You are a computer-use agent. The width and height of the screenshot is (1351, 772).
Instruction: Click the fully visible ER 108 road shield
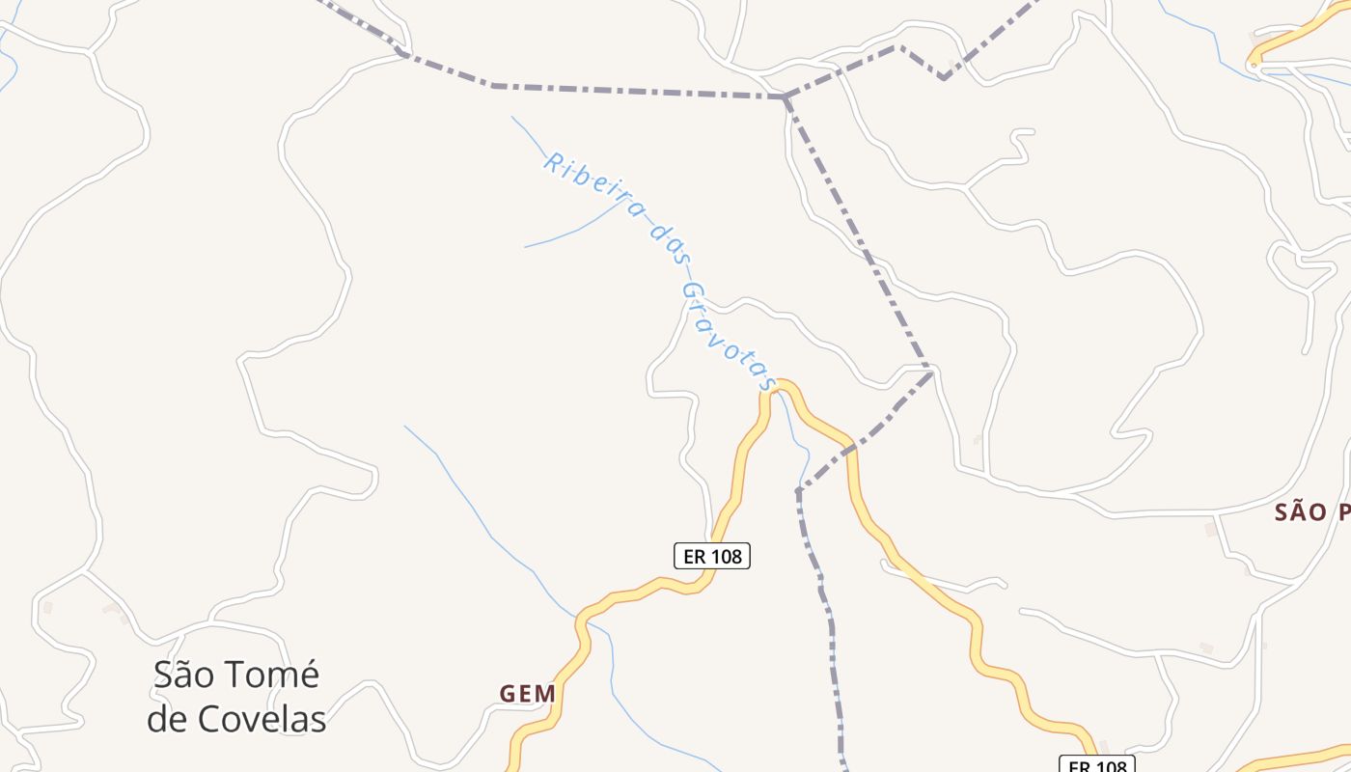point(711,556)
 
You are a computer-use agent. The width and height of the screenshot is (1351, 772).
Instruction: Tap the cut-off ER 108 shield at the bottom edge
point(1097,766)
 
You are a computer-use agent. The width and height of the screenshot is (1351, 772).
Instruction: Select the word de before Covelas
point(168,719)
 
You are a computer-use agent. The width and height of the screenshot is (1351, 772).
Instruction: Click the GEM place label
point(528,694)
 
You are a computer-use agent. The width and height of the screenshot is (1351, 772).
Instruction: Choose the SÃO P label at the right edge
point(1312,512)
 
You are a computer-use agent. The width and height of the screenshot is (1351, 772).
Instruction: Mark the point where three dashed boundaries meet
point(786,97)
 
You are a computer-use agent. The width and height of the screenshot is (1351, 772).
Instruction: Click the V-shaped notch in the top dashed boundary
point(943,77)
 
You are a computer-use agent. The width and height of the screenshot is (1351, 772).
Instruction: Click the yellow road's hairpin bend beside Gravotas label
point(780,384)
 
